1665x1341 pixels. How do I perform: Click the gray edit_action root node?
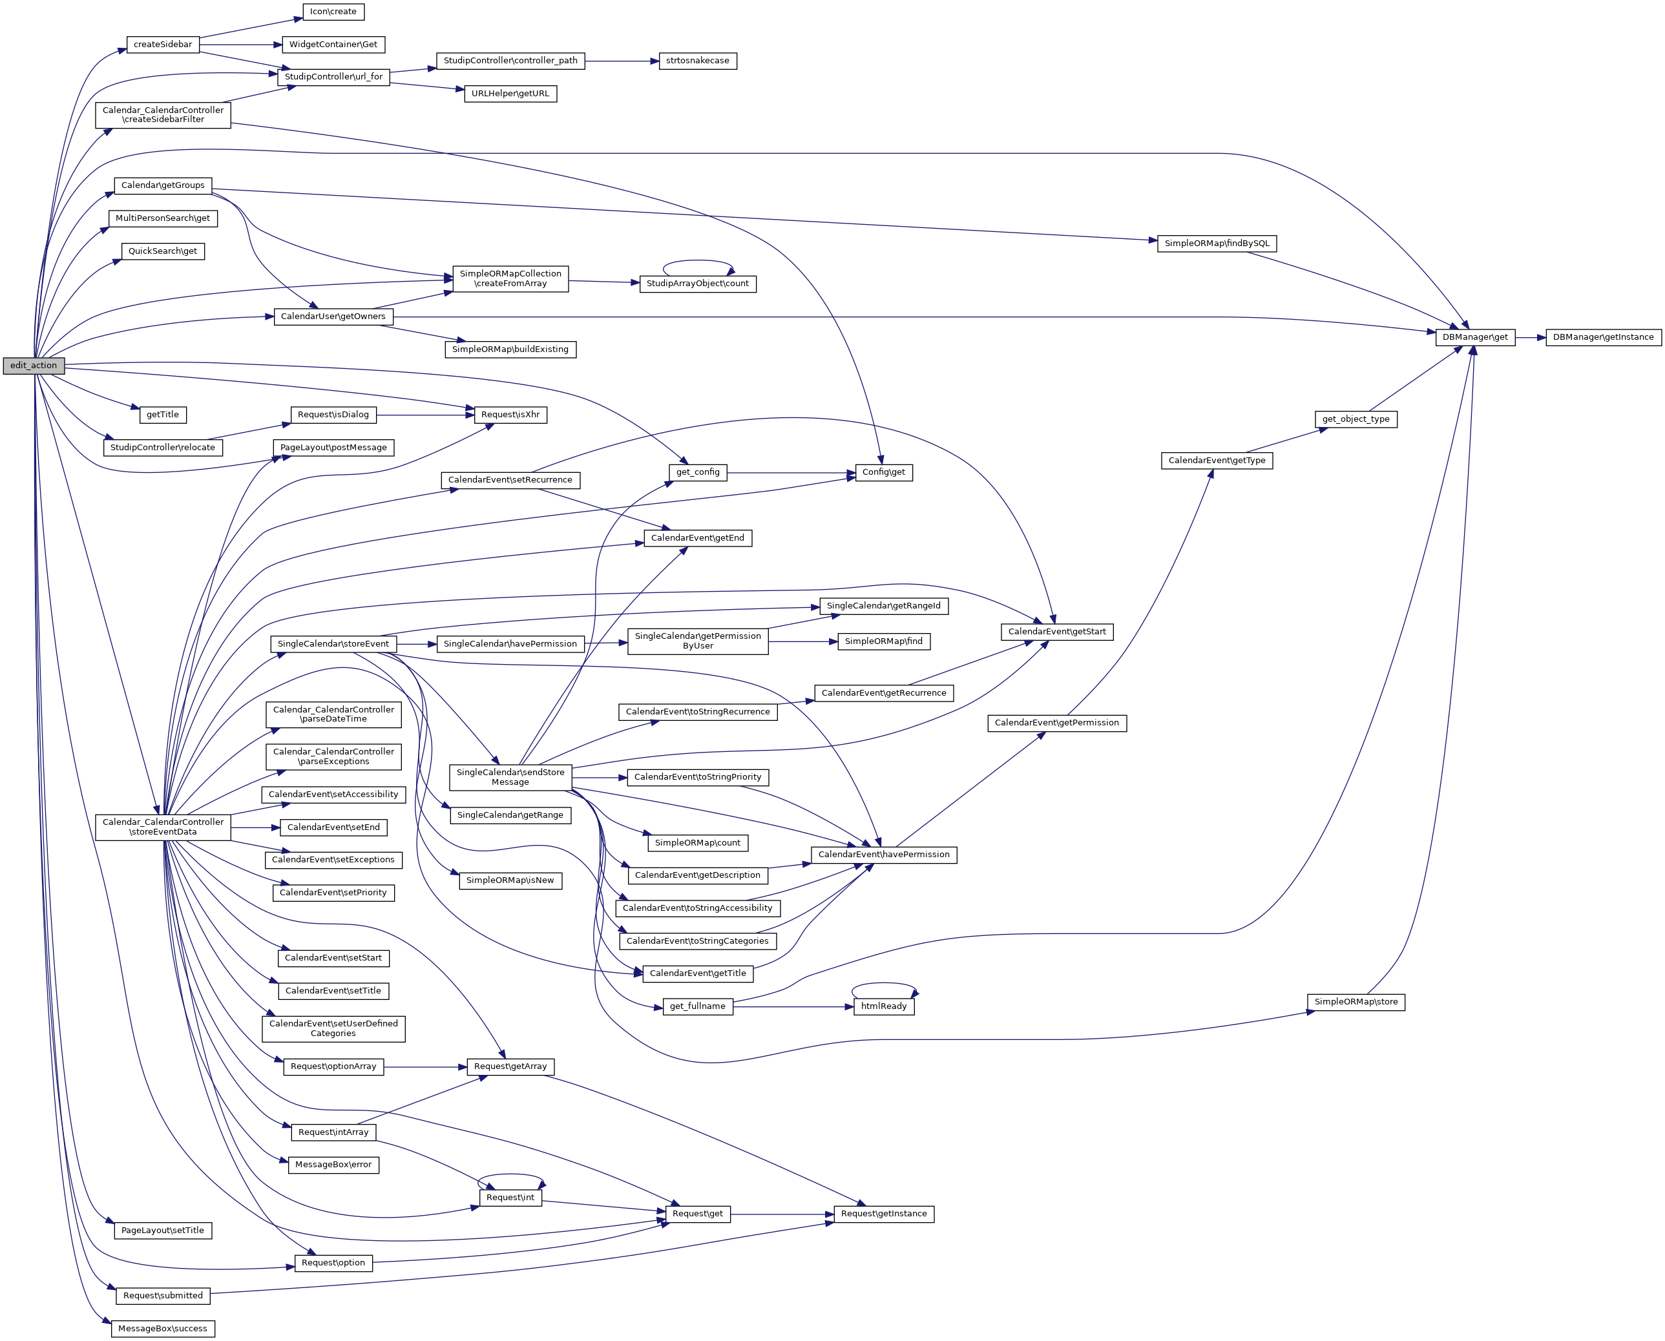(x=33, y=366)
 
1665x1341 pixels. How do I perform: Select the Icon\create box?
(x=333, y=12)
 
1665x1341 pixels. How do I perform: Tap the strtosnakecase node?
(x=697, y=60)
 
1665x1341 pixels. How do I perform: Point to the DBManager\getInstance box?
(x=1602, y=338)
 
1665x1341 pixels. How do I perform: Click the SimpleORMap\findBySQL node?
(x=1216, y=244)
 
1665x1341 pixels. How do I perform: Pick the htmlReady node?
(x=883, y=1006)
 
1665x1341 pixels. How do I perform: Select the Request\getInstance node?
(x=883, y=1214)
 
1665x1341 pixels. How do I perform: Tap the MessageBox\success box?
(x=162, y=1329)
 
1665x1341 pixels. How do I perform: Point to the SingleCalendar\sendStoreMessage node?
(x=510, y=777)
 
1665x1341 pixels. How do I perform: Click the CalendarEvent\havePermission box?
(x=883, y=855)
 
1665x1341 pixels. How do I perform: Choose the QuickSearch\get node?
(x=162, y=251)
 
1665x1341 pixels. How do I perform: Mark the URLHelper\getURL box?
(x=510, y=94)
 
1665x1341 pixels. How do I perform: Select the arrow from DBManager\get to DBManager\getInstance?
(x=1530, y=338)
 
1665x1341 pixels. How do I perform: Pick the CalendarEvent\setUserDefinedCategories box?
(x=333, y=1028)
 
